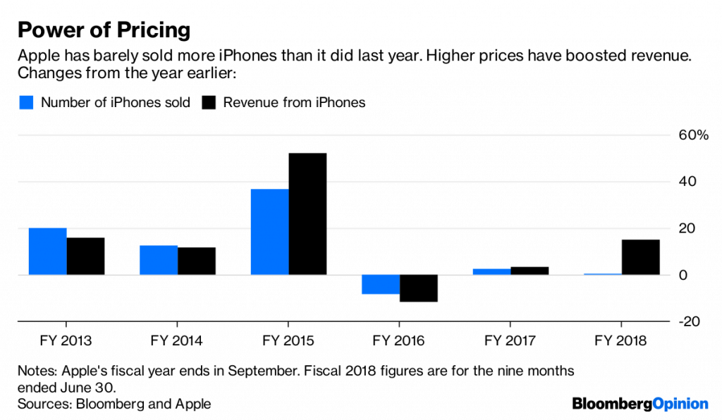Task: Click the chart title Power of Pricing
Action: (104, 30)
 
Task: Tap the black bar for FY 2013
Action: (85, 257)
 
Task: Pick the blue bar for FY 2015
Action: (270, 232)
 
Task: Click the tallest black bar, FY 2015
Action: (307, 214)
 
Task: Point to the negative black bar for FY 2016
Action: (419, 288)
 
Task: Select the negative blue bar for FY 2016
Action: (381, 284)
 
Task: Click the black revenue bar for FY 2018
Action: (641, 257)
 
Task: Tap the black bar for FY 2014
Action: (197, 261)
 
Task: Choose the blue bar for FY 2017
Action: (492, 271)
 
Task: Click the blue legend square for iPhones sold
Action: (25, 103)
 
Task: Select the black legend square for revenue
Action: (209, 103)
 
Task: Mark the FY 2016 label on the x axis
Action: (400, 341)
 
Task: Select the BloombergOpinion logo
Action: (640, 403)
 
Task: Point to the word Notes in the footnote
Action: (36, 371)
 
